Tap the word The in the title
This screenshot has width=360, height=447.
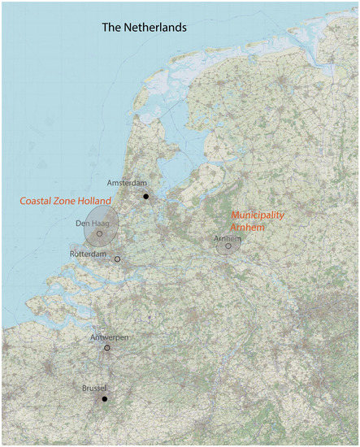click(x=111, y=27)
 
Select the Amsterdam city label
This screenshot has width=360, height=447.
click(x=125, y=184)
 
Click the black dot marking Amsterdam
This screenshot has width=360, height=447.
click(x=145, y=196)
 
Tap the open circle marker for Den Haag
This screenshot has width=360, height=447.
click(x=100, y=234)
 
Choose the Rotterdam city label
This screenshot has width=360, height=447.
click(x=89, y=254)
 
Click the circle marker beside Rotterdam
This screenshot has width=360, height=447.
click(x=117, y=258)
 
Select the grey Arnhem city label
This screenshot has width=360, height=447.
click(x=228, y=239)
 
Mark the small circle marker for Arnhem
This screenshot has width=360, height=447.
click(x=228, y=246)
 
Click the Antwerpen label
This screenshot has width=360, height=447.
click(x=109, y=337)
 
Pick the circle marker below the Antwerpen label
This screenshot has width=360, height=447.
click(x=107, y=348)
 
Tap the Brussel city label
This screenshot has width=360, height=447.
click(x=95, y=389)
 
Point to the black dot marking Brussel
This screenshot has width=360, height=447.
click(x=105, y=399)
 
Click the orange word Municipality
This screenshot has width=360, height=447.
click(x=258, y=215)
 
